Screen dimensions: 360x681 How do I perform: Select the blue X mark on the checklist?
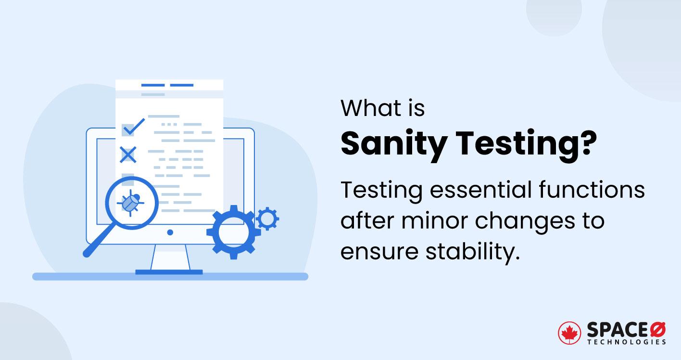pos(128,155)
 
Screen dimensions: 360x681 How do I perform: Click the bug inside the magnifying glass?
pos(131,203)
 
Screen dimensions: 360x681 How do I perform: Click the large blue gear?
pos(233,232)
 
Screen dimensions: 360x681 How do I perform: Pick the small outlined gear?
pos(267,219)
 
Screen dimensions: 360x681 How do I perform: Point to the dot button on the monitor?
pos(170,232)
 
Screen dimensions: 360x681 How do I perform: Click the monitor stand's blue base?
pos(169,272)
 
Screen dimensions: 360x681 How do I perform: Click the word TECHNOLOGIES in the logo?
pos(627,342)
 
